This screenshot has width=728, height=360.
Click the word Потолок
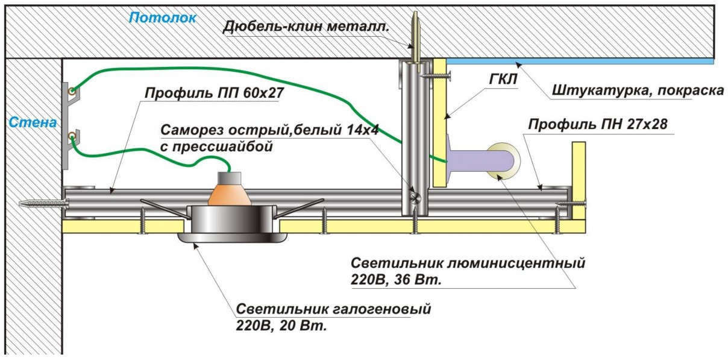tap(163, 18)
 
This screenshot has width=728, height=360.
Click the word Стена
tap(33, 122)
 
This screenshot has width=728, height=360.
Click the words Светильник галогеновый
tap(334, 310)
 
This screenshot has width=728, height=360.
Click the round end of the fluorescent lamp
tap(501, 160)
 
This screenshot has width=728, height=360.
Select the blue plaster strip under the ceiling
tap(579, 61)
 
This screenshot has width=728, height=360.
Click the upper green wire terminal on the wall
tap(72, 92)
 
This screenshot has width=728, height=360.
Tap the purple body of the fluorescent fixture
tap(476, 160)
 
